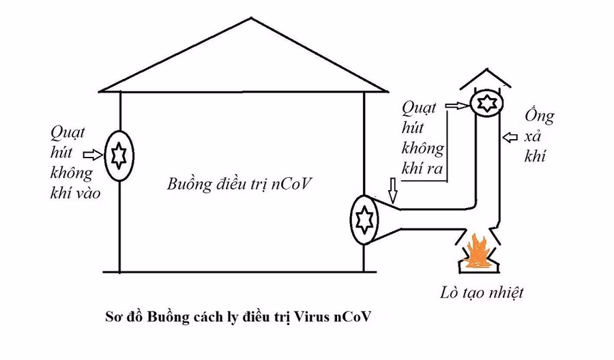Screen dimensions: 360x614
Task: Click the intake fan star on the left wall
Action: pos(117,157)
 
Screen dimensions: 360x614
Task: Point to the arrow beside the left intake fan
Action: pos(91,155)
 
